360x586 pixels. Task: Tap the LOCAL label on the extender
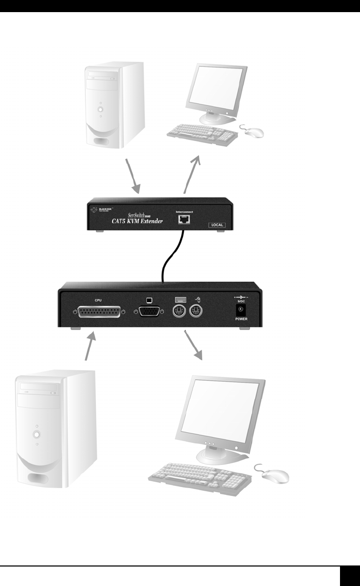coord(216,225)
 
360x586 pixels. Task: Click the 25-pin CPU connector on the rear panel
coord(98,311)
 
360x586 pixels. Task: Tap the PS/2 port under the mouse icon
coord(195,311)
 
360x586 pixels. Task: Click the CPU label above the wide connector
coord(98,300)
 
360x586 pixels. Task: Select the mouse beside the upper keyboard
coord(252,131)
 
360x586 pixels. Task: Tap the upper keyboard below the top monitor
coord(203,134)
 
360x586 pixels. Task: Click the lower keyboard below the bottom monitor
coord(203,476)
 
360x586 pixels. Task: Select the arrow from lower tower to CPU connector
coord(89,345)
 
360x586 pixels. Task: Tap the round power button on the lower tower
coord(36,435)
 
